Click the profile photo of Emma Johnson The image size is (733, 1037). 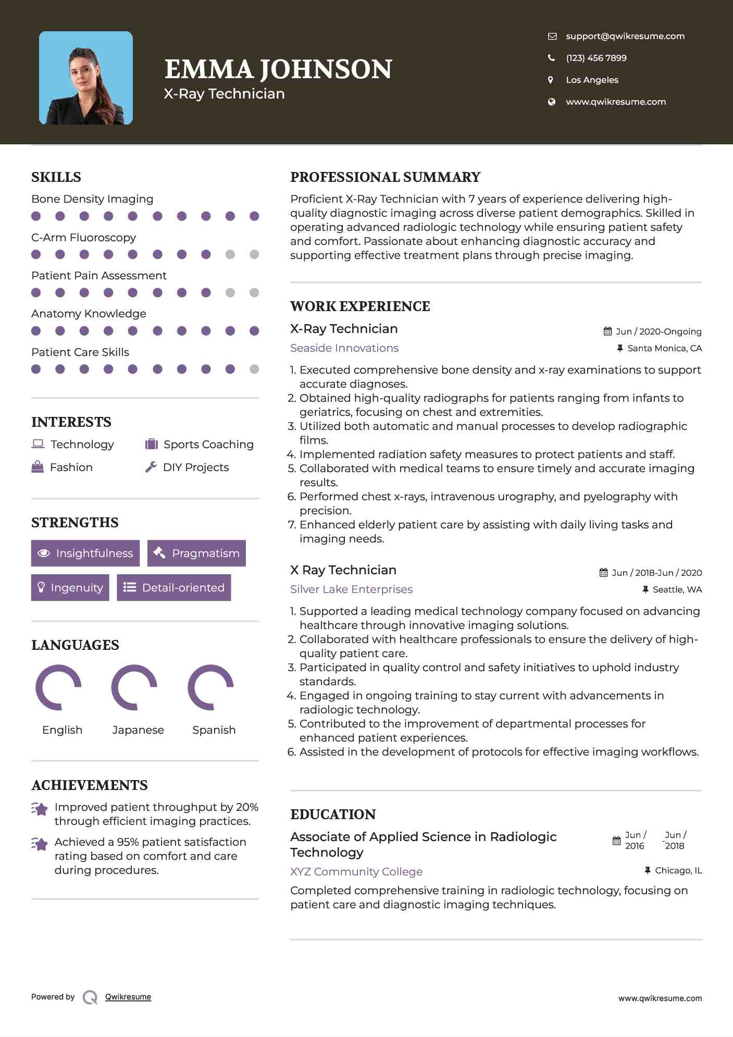tap(86, 78)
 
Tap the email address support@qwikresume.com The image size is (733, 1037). tap(625, 36)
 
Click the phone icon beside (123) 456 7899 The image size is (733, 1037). tap(551, 58)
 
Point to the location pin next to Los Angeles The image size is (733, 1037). tap(551, 80)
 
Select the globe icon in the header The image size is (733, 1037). tap(551, 102)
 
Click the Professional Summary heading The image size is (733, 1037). tap(385, 177)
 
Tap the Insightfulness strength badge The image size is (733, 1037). tap(85, 553)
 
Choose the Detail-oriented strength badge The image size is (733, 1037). tap(174, 587)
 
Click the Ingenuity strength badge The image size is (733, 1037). tap(70, 587)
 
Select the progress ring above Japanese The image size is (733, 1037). tap(134, 687)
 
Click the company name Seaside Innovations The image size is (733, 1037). tap(344, 348)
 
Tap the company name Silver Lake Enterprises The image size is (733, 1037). tap(351, 589)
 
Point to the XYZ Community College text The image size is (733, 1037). tap(356, 871)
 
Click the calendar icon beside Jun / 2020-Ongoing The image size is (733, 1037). tap(607, 331)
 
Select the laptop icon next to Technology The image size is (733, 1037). tap(38, 444)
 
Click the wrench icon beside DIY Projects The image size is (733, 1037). tap(151, 467)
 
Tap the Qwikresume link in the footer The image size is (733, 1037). tap(128, 997)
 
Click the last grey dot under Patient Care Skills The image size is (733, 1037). tap(254, 369)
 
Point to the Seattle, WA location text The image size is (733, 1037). tap(677, 589)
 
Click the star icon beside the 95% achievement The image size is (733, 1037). tap(40, 843)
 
